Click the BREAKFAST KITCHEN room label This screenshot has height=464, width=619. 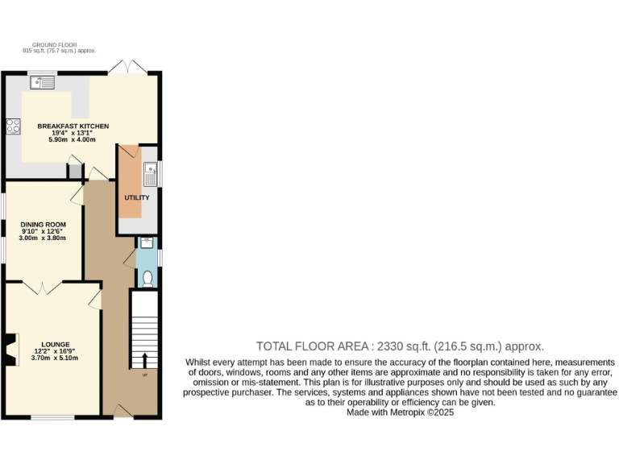73,126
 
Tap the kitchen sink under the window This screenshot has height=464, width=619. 42,81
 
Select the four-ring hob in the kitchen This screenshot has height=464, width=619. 14,126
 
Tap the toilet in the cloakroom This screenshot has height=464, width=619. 146,278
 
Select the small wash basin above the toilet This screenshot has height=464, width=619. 146,243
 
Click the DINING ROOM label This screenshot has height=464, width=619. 44,224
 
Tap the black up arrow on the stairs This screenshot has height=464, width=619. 145,360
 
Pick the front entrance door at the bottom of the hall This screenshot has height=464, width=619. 123,412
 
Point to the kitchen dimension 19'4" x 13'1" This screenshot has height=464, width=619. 73,133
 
